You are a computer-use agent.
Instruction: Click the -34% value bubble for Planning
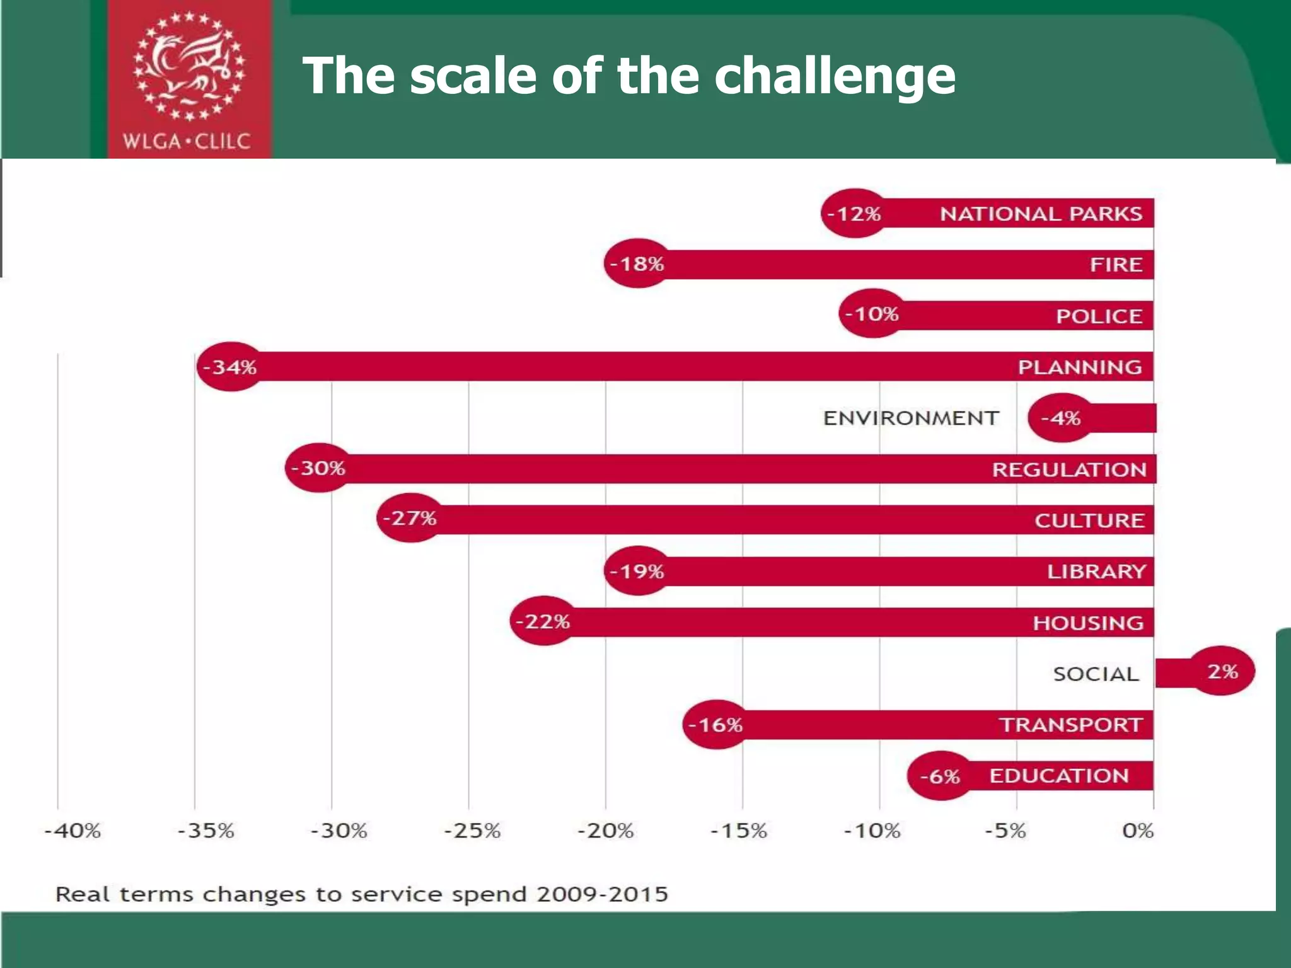pos(230,367)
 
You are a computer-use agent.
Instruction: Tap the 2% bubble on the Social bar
pos(1222,671)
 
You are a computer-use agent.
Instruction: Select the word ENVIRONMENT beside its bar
pos(911,418)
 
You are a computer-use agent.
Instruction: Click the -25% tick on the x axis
pos(472,831)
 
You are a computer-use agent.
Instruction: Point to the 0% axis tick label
pos(1138,831)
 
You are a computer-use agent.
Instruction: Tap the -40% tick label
pos(72,831)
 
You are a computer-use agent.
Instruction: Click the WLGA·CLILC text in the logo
pos(187,141)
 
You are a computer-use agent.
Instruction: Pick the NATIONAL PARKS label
pos(1041,214)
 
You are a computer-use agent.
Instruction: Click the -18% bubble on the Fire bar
pos(637,263)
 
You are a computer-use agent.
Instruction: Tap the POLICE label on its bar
pos(1099,316)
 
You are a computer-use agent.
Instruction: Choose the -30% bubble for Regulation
pos(318,468)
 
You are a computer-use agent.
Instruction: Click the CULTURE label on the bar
pos(1089,521)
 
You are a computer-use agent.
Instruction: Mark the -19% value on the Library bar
pos(637,572)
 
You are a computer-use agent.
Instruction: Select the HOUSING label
pos(1088,623)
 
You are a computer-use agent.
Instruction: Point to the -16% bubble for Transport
pos(715,725)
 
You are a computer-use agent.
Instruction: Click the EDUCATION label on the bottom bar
pos(1058,776)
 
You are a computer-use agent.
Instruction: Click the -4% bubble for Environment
pos(1062,418)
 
